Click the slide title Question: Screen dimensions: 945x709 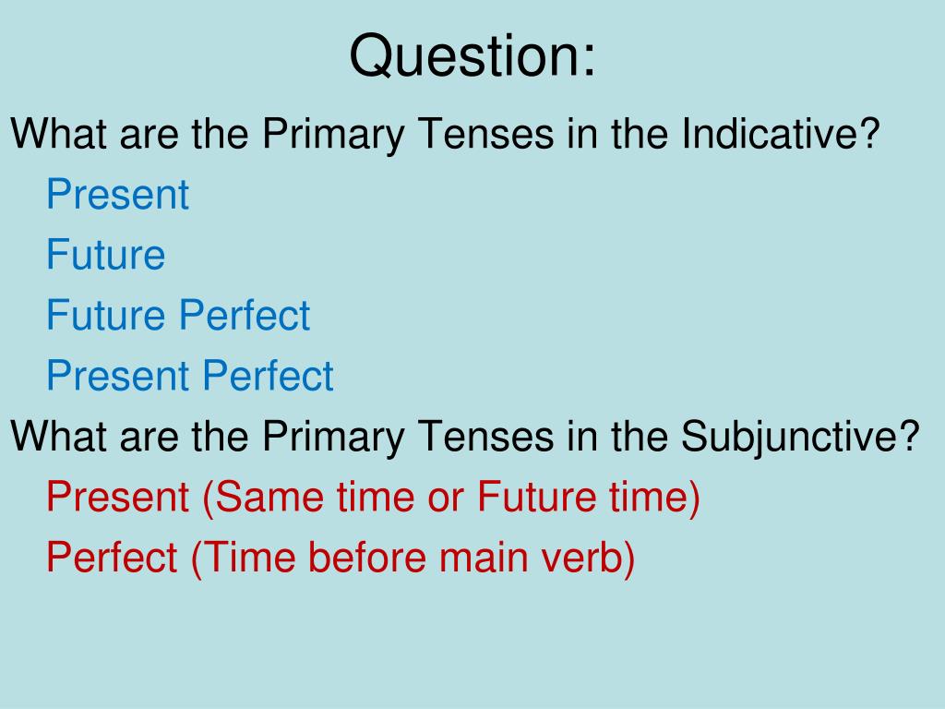[472, 55]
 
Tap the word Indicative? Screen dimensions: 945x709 [781, 133]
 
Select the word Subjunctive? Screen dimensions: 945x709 [800, 436]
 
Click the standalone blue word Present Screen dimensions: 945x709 [117, 194]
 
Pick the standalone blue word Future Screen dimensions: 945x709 [105, 255]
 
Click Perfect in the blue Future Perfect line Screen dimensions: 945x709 [245, 315]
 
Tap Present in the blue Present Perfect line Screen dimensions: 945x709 [117, 376]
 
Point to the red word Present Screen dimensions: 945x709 [117, 497]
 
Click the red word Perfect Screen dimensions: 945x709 [112, 557]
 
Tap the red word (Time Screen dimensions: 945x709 [244, 559]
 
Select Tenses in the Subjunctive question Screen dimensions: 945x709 [485, 436]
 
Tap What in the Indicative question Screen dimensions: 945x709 [59, 133]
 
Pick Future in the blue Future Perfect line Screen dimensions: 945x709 [105, 315]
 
